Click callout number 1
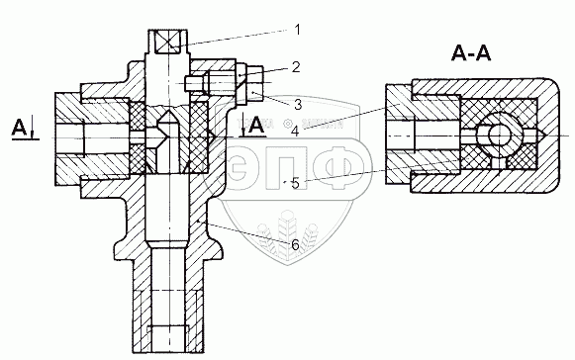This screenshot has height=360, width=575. (298, 30)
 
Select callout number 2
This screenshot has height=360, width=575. (296, 67)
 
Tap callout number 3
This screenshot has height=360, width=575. (298, 104)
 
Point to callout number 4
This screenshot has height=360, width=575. (295, 131)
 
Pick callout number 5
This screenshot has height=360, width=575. (296, 183)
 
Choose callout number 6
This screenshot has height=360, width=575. (295, 245)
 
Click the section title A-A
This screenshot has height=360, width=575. (471, 53)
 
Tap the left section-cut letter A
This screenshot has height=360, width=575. (19, 128)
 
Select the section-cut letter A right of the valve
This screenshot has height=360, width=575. (256, 126)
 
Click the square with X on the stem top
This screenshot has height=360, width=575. (168, 42)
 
